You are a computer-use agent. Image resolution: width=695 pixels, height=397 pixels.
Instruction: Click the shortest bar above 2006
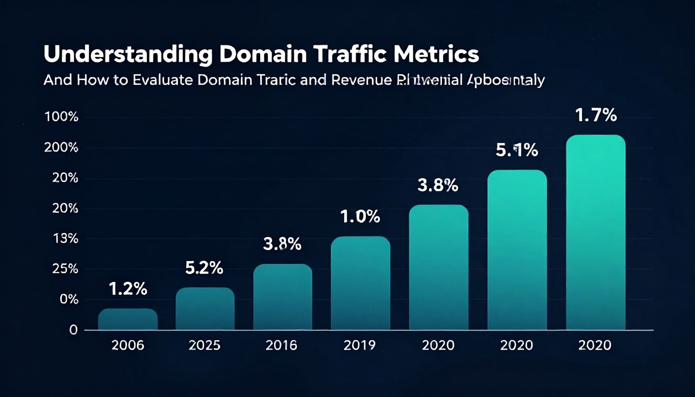pyautogui.click(x=128, y=319)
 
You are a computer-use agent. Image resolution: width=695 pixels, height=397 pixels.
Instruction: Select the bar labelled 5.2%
pyautogui.click(x=205, y=309)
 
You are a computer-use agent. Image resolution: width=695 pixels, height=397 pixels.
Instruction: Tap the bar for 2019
pyautogui.click(x=360, y=283)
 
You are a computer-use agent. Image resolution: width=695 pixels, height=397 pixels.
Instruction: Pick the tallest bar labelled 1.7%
pyautogui.click(x=595, y=233)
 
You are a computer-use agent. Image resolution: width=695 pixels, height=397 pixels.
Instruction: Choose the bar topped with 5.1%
pyautogui.click(x=517, y=250)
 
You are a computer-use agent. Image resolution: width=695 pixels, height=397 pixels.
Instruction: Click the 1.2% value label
pyautogui.click(x=128, y=289)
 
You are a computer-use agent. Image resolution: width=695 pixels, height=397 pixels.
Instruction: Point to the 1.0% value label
pyautogui.click(x=360, y=217)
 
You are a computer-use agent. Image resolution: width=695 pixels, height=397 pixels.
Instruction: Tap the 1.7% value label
pyautogui.click(x=595, y=116)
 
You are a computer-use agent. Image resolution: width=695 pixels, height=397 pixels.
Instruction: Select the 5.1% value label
pyautogui.click(x=517, y=150)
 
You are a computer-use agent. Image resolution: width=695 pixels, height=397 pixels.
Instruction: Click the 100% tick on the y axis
pyautogui.click(x=61, y=117)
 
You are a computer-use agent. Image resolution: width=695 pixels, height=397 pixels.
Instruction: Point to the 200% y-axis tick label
pyautogui.click(x=61, y=147)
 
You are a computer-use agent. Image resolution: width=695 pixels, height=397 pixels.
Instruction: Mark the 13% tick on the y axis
pyautogui.click(x=65, y=238)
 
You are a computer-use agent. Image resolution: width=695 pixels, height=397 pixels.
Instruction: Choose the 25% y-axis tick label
pyautogui.click(x=65, y=269)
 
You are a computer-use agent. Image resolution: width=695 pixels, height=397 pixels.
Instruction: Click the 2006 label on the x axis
pyautogui.click(x=128, y=345)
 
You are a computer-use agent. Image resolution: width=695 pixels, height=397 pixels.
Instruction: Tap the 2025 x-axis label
pyautogui.click(x=204, y=345)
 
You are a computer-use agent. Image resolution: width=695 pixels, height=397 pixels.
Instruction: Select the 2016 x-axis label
pyautogui.click(x=281, y=345)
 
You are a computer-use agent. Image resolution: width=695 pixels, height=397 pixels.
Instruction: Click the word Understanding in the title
pyautogui.click(x=128, y=55)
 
